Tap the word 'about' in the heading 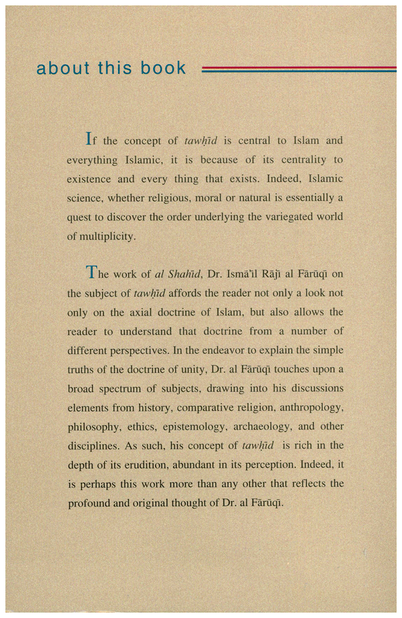point(63,68)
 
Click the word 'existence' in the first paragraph point(91,179)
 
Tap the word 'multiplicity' point(108,237)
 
